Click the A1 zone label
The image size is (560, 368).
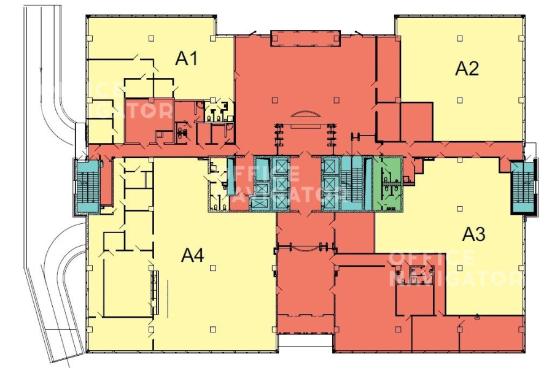(x=186, y=58)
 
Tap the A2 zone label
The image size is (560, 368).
(x=467, y=69)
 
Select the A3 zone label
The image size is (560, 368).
(x=474, y=234)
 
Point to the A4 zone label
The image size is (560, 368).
(x=193, y=255)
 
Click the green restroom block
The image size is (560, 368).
(x=388, y=183)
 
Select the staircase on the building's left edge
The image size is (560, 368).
(x=87, y=186)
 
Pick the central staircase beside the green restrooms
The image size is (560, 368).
(x=352, y=183)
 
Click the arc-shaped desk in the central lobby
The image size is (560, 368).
(x=305, y=113)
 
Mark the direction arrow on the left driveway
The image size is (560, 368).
(x=41, y=67)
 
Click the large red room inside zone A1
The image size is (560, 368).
(x=149, y=120)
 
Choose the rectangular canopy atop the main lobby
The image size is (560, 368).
(x=305, y=39)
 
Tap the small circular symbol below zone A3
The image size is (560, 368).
(x=477, y=316)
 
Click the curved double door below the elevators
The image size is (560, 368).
(x=305, y=247)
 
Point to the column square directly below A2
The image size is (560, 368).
(x=460, y=101)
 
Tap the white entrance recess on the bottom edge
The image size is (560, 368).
(x=305, y=340)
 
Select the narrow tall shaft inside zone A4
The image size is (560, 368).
(x=154, y=293)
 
